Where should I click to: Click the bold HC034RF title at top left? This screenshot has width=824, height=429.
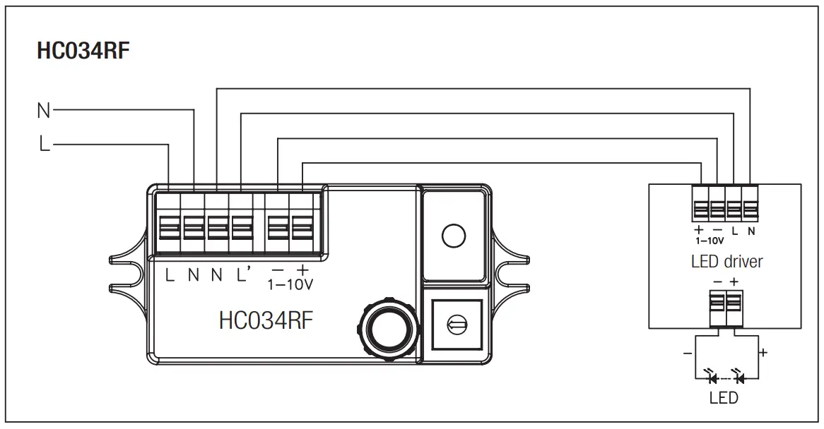point(83,52)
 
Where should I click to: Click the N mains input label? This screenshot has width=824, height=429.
point(43,110)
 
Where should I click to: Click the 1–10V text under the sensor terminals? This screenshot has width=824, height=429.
point(290,286)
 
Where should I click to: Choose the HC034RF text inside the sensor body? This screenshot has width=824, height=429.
point(266,320)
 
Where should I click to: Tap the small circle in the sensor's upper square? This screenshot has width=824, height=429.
point(453,235)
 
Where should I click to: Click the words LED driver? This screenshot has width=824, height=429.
point(726,262)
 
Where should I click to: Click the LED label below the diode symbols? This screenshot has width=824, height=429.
point(724,398)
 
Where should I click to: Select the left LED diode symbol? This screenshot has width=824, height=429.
point(712,378)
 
